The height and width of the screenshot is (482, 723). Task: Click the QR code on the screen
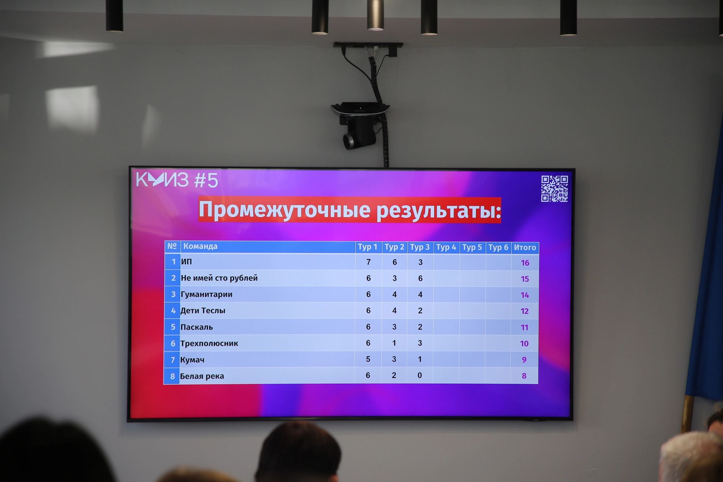pyautogui.click(x=554, y=189)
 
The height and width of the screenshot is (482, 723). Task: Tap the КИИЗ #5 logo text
pyautogui.click(x=177, y=180)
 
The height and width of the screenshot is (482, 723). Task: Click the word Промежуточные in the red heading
pyautogui.click(x=285, y=210)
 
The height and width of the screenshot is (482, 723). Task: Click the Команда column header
pyautogui.click(x=200, y=246)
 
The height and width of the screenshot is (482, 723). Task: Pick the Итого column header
pyautogui.click(x=525, y=248)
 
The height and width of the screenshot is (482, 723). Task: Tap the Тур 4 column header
pyautogui.click(x=446, y=247)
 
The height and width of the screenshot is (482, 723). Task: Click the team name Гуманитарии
pyautogui.click(x=206, y=294)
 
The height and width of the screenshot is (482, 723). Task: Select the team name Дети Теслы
pyautogui.click(x=203, y=311)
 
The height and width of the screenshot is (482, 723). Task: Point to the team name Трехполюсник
pyautogui.click(x=209, y=344)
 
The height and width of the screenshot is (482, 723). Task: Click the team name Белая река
pyautogui.click(x=202, y=376)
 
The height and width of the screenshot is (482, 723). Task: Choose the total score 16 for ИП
pyautogui.click(x=525, y=263)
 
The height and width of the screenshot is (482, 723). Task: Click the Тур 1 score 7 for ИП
pyautogui.click(x=368, y=262)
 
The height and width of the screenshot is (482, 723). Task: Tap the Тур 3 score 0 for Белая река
pyautogui.click(x=420, y=375)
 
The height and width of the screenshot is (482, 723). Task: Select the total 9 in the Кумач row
pyautogui.click(x=524, y=360)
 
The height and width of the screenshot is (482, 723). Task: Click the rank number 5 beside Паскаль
pyautogui.click(x=173, y=327)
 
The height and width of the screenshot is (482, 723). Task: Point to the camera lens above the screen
pyautogui.click(x=350, y=141)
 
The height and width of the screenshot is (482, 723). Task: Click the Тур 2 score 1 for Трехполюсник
pyautogui.click(x=394, y=343)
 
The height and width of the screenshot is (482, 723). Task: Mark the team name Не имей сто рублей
pyautogui.click(x=219, y=278)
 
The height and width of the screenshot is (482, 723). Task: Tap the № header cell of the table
pyautogui.click(x=172, y=246)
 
